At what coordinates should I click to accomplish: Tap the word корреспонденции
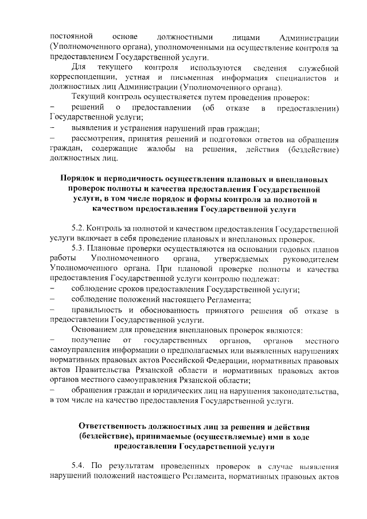[x=85, y=78]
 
